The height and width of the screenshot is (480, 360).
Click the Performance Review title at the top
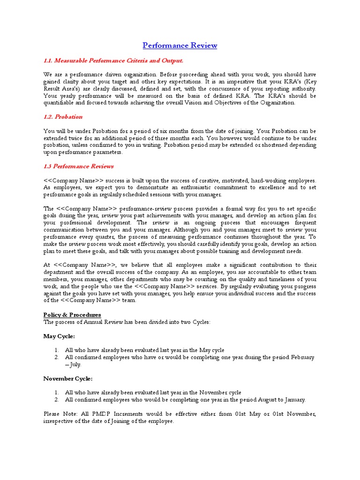180,45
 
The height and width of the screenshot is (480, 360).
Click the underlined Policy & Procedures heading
72,315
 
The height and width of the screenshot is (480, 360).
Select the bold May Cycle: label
59,336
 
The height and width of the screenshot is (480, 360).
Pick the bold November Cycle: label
68,378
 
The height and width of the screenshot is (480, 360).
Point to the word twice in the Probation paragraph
83,138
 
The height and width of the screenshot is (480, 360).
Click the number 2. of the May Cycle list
56,357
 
